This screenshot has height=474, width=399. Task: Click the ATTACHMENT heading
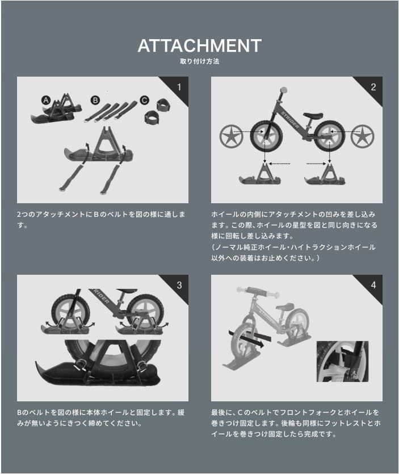[199, 46]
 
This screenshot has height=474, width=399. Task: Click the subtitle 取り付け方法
[199, 61]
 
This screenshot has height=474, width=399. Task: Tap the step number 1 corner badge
[179, 87]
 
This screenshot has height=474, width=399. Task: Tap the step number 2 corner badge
[373, 87]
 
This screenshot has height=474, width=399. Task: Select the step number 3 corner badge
[179, 285]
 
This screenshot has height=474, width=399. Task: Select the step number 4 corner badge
[373, 285]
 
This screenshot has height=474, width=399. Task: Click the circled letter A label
[45, 100]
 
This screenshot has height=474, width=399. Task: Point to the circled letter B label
[95, 100]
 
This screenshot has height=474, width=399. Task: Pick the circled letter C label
[144, 100]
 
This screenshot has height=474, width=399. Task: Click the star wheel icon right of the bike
[363, 137]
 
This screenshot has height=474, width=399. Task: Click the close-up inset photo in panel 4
[342, 361]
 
